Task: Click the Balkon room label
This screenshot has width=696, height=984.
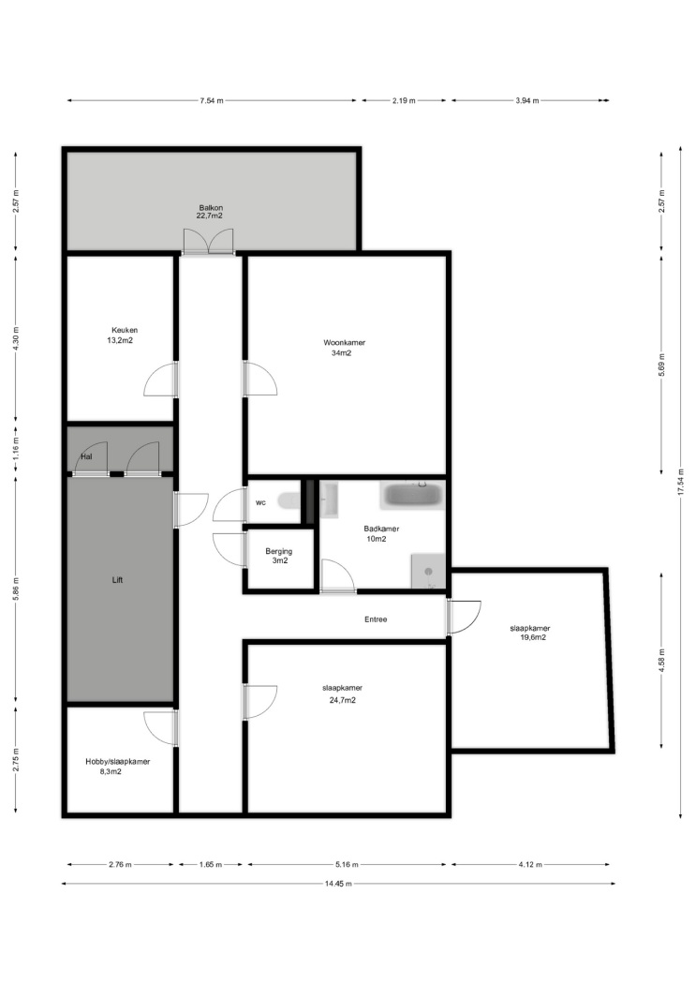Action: click(x=211, y=208)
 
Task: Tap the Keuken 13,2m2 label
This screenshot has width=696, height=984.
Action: click(x=124, y=335)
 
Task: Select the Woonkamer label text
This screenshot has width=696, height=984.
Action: click(x=344, y=343)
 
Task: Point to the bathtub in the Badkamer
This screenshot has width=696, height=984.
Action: click(x=411, y=496)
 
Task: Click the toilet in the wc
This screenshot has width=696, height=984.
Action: click(x=290, y=500)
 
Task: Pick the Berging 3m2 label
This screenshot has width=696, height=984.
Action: click(x=279, y=556)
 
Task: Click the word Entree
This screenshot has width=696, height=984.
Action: click(x=376, y=619)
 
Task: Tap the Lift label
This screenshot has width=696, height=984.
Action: click(x=117, y=580)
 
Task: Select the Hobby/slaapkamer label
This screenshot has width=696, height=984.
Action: click(x=118, y=761)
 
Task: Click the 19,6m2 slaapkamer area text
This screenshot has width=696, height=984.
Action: click(x=532, y=637)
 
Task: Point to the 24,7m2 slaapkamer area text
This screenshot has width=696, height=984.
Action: click(x=342, y=700)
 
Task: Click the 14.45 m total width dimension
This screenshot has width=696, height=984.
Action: click(x=338, y=883)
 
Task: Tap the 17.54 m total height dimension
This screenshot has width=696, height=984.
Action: click(x=680, y=483)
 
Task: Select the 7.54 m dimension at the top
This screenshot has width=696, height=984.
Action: click(x=212, y=100)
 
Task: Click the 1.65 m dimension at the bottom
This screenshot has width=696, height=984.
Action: click(x=211, y=864)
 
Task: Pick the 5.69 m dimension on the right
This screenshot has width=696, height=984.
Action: click(x=661, y=365)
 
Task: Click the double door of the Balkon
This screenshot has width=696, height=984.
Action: click(x=208, y=242)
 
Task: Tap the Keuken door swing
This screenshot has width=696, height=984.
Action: click(x=160, y=380)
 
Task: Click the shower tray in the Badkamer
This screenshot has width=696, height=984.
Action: click(x=428, y=571)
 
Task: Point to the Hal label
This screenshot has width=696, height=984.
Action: click(x=86, y=456)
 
